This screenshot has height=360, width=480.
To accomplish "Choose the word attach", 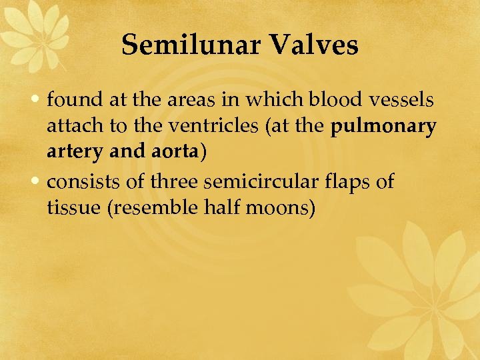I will pos(71,127).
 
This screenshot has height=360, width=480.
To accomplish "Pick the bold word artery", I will pos(71,153).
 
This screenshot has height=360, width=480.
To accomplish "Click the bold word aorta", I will pos(174,153).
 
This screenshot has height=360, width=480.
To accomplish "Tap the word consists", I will pos(79,181).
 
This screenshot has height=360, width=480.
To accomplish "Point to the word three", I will pos(176,181).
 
